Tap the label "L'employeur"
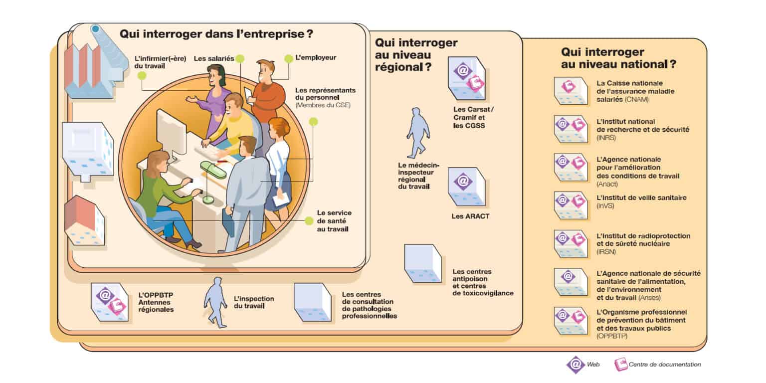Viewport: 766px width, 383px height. pyautogui.click(x=316, y=57)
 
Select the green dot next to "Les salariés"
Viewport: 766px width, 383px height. pyautogui.click(x=240, y=59)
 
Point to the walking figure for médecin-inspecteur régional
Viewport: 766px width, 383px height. pyautogui.click(x=417, y=133)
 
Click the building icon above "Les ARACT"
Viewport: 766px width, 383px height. pyautogui.click(x=466, y=186)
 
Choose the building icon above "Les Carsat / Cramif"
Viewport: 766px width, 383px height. pyautogui.click(x=466, y=77)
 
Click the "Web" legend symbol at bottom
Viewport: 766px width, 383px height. pyautogui.click(x=575, y=364)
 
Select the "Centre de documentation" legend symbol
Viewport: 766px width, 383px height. pyautogui.click(x=621, y=364)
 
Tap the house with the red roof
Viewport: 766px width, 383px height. pyautogui.click(x=84, y=220)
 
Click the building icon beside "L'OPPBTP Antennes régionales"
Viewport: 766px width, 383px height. pyautogui.click(x=109, y=301)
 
